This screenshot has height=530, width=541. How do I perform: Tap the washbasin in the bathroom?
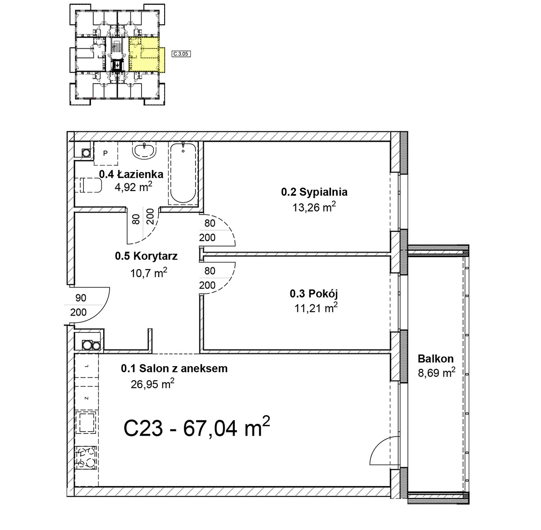click(x=144, y=151)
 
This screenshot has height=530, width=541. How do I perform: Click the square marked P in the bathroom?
click(x=105, y=153)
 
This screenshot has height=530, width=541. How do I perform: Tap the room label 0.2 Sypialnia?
click(x=314, y=192)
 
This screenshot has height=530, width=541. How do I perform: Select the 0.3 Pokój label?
click(x=314, y=293)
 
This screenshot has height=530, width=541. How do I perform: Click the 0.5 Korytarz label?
click(x=146, y=256)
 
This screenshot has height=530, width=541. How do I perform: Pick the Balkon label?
click(x=436, y=359)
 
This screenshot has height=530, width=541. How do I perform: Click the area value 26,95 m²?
click(x=153, y=385)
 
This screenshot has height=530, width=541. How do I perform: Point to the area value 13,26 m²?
click(x=314, y=207)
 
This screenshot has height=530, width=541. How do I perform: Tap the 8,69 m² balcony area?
click(x=437, y=373)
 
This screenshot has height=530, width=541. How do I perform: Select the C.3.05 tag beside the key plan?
click(x=181, y=54)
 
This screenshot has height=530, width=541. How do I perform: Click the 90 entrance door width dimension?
click(x=81, y=298)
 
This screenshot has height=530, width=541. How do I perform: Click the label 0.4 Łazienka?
click(x=131, y=175)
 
